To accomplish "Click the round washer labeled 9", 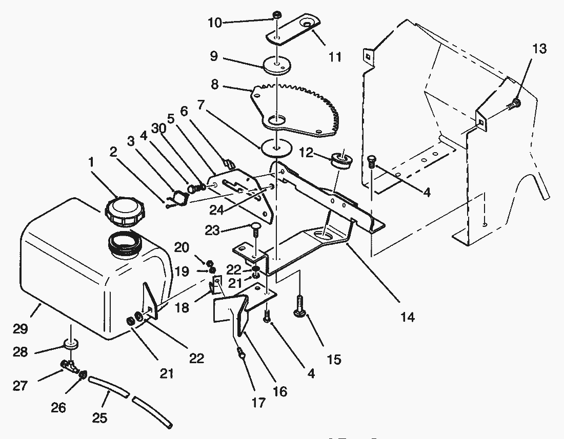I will [x=277, y=66].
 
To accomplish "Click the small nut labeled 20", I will [x=209, y=263].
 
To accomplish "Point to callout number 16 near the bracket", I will [x=279, y=391].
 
